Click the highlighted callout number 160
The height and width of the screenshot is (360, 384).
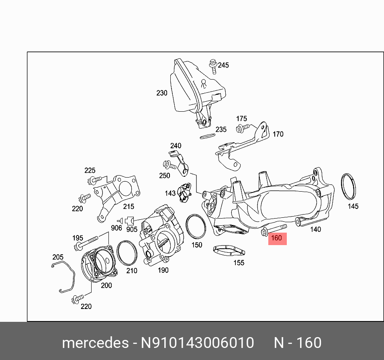[276, 238]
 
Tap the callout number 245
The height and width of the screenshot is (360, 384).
[223, 65]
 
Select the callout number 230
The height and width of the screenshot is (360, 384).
[161, 93]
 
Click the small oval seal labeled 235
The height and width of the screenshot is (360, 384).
[207, 137]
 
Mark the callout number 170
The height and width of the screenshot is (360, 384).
[278, 134]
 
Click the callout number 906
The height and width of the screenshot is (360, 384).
[116, 228]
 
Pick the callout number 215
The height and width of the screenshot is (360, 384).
[129, 206]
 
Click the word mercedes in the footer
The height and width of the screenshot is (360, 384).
[94, 343]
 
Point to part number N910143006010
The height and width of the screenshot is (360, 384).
[197, 343]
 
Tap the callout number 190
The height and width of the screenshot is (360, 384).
[163, 270]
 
